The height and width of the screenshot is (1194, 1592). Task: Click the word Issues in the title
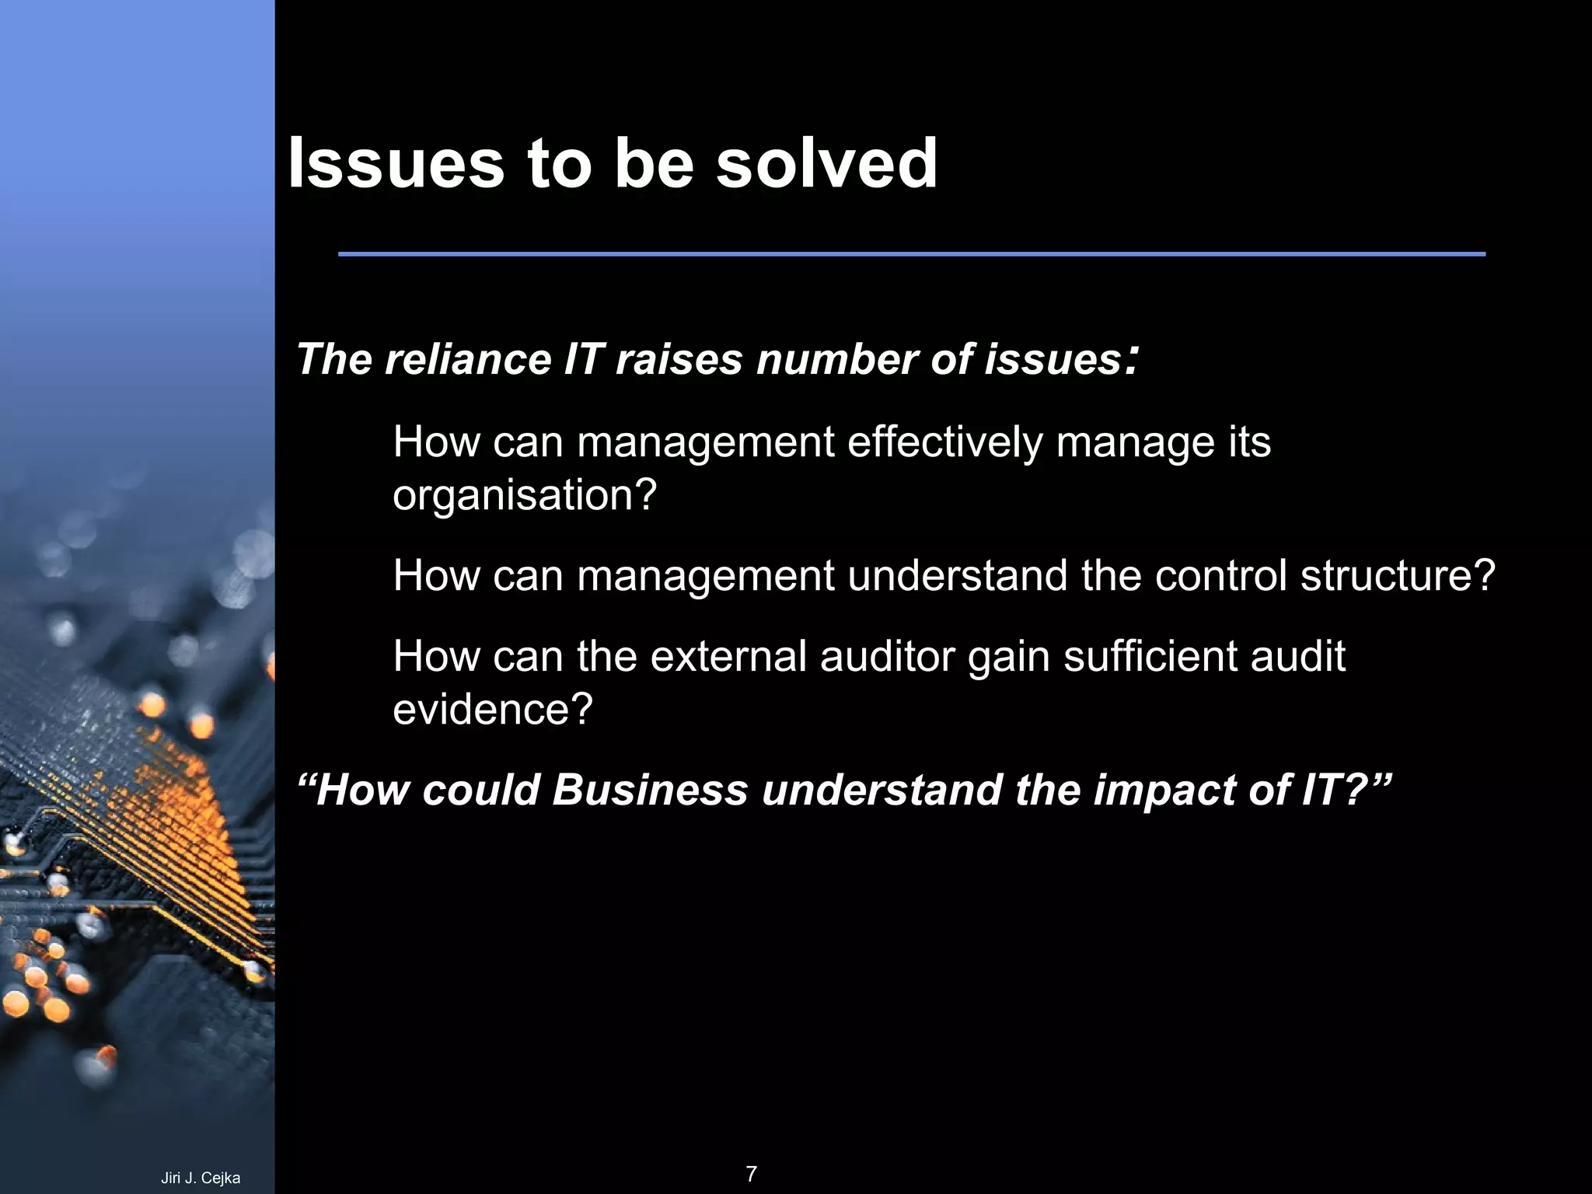click(x=396, y=164)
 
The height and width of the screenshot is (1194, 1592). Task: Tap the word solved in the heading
click(x=826, y=164)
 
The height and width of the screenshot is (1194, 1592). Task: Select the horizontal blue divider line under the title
click(x=911, y=254)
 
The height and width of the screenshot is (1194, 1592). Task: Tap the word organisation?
click(x=525, y=495)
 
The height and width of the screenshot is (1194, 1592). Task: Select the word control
click(x=1221, y=576)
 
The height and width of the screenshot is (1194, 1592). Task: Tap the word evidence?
click(x=493, y=709)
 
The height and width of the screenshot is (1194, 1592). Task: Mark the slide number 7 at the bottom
click(x=751, y=1174)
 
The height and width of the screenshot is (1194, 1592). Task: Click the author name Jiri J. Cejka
click(x=201, y=1178)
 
